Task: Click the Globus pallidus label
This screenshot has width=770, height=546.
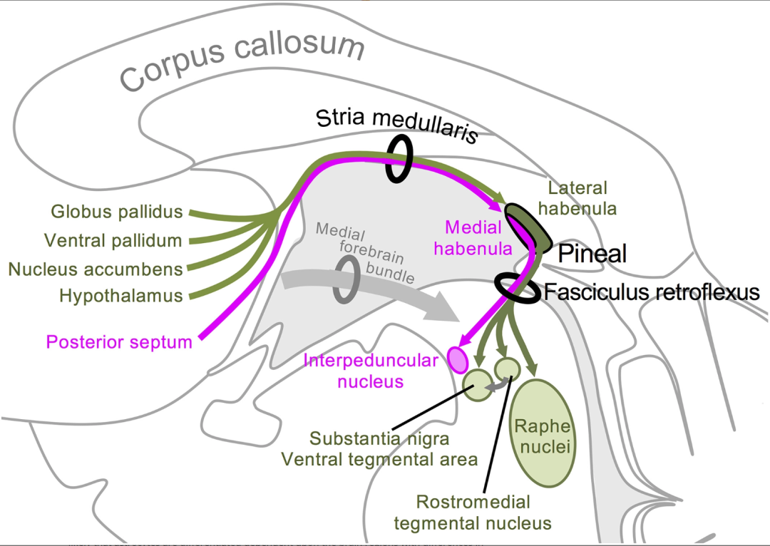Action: pos(117,212)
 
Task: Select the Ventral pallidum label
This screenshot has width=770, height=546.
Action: pos(113,240)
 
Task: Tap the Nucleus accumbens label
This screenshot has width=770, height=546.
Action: pos(96,269)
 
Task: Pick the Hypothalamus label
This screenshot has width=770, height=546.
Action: pos(121,295)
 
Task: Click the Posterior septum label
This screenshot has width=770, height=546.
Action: pos(119,342)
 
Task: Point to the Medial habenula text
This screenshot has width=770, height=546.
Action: pos(473,238)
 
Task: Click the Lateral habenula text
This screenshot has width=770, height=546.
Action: pos(577,198)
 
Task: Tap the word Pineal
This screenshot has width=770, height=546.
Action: pos(592,253)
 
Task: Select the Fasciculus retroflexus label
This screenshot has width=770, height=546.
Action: pos(652,292)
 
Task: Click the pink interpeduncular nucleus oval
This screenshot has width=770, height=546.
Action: pos(457,359)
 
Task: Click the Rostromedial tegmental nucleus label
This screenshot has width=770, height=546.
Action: pos(473,512)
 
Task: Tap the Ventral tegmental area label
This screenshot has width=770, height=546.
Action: pos(379,459)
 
